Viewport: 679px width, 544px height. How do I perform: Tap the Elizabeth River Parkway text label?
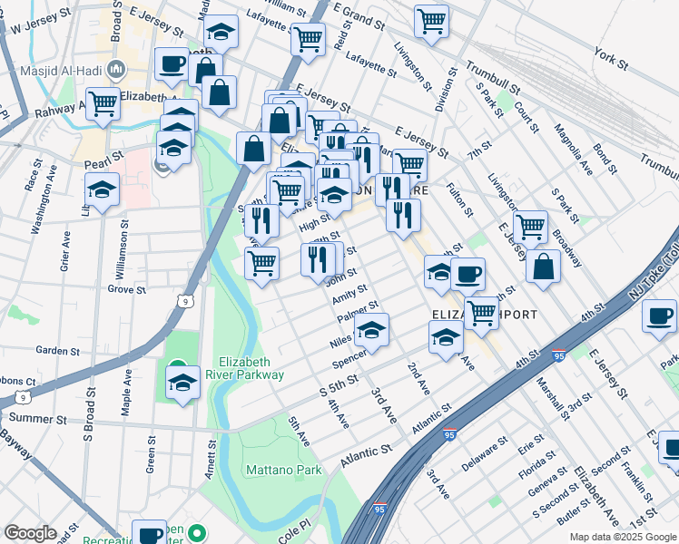(x=251, y=367)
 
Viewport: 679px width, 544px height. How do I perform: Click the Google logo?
(x=30, y=532)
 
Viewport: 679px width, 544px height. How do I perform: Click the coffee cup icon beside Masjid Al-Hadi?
(x=172, y=64)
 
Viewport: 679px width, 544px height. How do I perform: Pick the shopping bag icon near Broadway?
(x=543, y=266)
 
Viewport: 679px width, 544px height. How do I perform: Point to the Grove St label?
(x=126, y=290)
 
